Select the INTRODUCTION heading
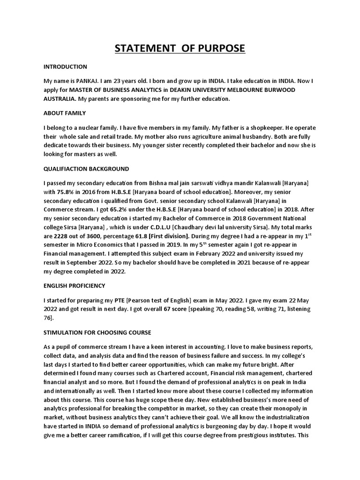[x=65, y=67]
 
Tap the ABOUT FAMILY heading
[x=65, y=113]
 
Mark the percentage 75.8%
[x=66, y=191]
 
